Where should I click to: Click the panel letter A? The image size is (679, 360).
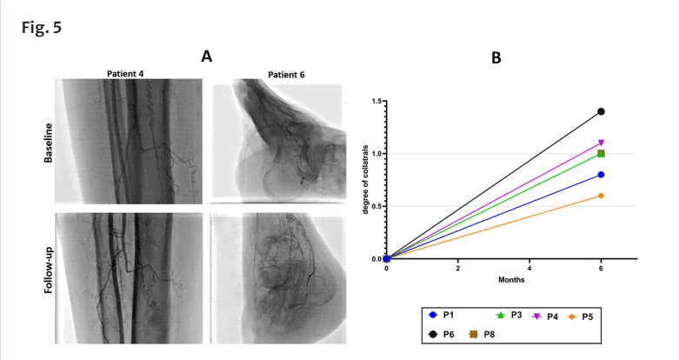click(206, 57)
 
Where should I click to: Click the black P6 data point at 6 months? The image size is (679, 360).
click(602, 112)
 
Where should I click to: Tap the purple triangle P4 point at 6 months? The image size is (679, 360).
click(602, 143)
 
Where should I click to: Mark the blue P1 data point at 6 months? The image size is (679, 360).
click(602, 175)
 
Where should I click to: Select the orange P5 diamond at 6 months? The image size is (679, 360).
click(602, 196)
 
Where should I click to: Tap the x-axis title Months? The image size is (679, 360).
click(493, 280)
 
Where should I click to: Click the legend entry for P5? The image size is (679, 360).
click(582, 315)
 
